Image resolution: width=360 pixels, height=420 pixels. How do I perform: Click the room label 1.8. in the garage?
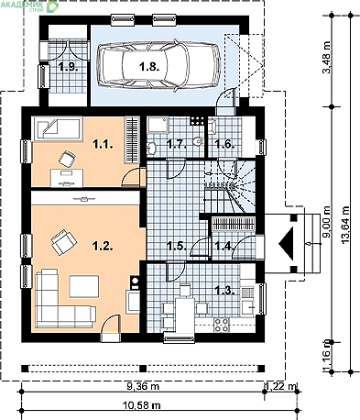[149, 66]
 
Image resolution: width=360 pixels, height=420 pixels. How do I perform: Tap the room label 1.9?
[69, 66]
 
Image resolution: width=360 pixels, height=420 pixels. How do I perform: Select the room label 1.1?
[104, 144]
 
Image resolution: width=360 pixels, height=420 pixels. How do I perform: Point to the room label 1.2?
[104, 246]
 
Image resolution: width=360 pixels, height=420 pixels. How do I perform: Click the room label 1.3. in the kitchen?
[225, 290]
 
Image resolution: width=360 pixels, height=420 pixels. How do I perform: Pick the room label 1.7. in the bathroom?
[177, 144]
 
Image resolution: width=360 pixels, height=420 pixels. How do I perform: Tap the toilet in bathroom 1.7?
[199, 141]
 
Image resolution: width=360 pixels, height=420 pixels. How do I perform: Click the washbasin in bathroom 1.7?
[151, 148]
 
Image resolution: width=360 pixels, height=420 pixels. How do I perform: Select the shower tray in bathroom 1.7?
[158, 125]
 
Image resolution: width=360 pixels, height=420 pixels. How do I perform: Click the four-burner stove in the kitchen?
[222, 325]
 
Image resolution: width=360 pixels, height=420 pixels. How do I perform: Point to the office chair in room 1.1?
[67, 159]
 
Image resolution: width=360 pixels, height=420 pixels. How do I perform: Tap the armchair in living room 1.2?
[63, 242]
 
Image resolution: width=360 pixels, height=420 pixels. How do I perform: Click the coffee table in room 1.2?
[84, 286]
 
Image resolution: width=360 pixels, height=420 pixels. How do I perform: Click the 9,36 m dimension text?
[143, 386]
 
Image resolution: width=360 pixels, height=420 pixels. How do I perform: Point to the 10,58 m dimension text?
[142, 405]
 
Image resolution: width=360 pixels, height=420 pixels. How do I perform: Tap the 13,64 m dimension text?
[345, 225]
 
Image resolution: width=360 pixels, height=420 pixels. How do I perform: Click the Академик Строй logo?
[29, 6]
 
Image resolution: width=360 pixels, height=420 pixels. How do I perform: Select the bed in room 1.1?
[58, 128]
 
